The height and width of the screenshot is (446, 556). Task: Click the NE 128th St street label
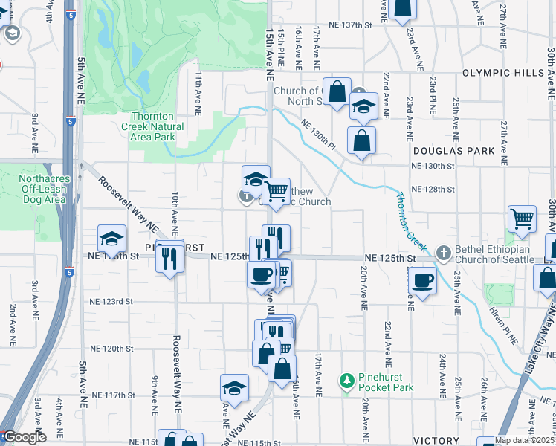[x=434, y=190]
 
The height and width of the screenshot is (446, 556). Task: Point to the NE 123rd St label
[x=111, y=302]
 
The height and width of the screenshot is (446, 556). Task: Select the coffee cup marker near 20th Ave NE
[x=422, y=280]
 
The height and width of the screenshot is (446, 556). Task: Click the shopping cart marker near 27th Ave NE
[x=523, y=219]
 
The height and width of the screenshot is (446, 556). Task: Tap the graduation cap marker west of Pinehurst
[x=111, y=239]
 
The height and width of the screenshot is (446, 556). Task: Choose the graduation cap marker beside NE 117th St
[x=234, y=388]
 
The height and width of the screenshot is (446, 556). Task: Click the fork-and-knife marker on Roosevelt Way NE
[x=170, y=257]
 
